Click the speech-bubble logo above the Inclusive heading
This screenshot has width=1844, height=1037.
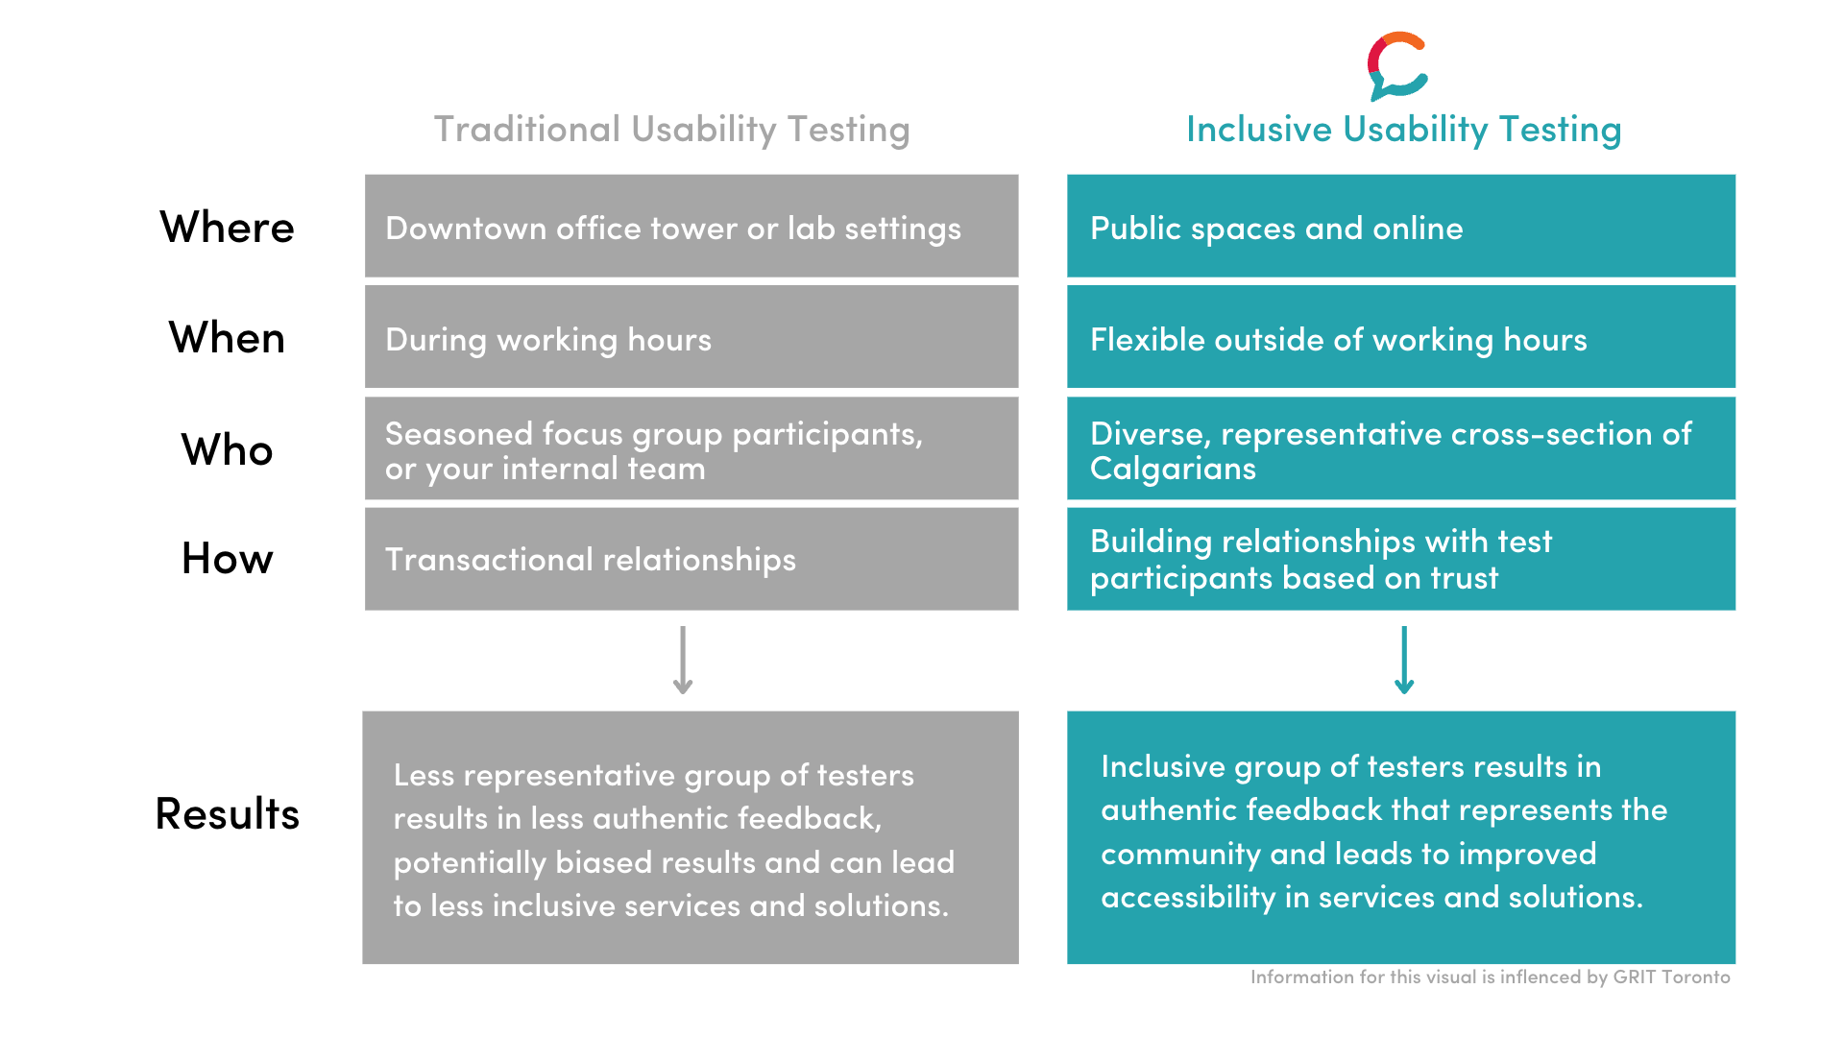(1397, 66)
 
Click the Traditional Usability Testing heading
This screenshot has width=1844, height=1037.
(671, 130)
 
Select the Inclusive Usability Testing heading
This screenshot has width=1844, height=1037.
(1403, 130)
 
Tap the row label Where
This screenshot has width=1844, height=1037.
(227, 228)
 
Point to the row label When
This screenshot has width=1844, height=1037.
(227, 338)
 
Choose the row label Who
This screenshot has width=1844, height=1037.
(227, 449)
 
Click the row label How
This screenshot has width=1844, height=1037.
(227, 559)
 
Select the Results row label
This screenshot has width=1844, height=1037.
(227, 813)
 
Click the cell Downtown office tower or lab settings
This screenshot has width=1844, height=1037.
(691, 226)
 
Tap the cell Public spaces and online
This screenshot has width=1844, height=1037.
(1401, 226)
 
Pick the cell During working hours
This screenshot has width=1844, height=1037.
(691, 337)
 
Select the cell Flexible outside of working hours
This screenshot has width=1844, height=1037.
(1401, 337)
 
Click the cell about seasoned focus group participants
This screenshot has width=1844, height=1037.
(691, 448)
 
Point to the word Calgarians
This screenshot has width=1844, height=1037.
(1173, 470)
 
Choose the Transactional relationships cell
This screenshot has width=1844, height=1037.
(691, 559)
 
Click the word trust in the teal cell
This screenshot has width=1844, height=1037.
(1464, 578)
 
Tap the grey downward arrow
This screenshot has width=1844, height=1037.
(683, 661)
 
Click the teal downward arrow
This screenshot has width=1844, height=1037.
(1404, 661)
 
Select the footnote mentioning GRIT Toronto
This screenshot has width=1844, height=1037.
(1491, 977)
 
